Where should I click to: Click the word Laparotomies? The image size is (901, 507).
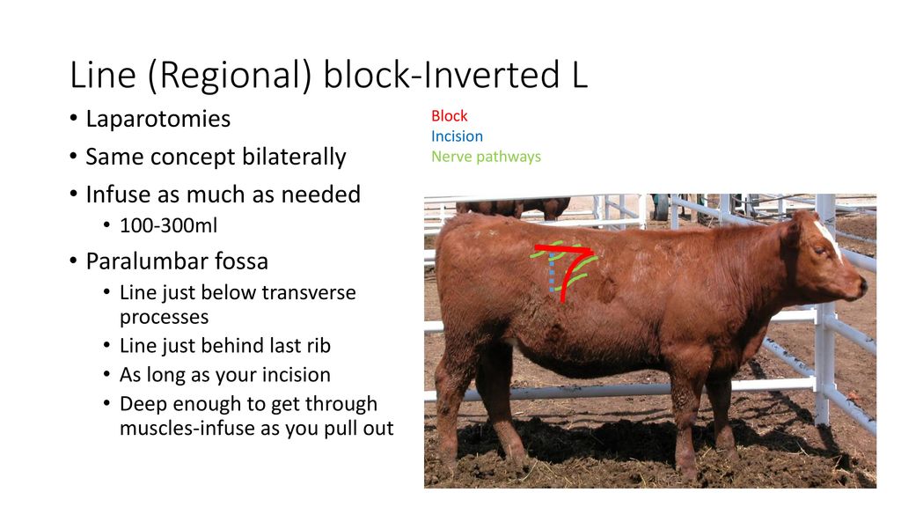pos(157,119)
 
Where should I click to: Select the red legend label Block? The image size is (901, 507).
pos(449,116)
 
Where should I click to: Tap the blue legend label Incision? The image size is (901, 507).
pos(457,136)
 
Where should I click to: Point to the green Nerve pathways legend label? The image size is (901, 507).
pos(486,157)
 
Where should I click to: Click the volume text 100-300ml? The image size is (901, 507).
pos(168,226)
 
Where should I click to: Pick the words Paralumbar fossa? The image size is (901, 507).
pos(177,261)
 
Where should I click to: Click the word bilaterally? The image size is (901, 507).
pos(292,158)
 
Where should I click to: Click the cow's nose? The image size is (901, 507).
pos(861,286)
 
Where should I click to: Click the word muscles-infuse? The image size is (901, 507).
pos(183,429)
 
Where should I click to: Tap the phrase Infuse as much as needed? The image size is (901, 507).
pos(223,195)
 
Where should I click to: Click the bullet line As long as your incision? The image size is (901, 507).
pos(224,375)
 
